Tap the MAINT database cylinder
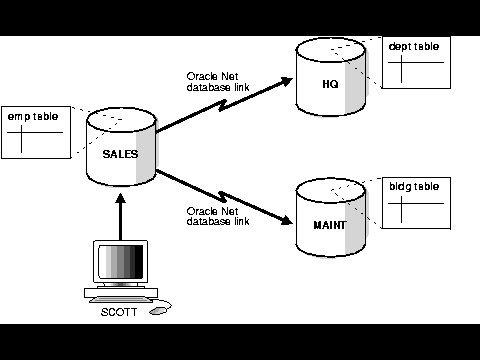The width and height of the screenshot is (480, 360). (x=331, y=218)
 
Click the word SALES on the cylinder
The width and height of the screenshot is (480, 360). (x=120, y=154)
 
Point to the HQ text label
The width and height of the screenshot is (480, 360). (x=331, y=83)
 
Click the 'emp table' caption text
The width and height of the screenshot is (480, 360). (x=30, y=118)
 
